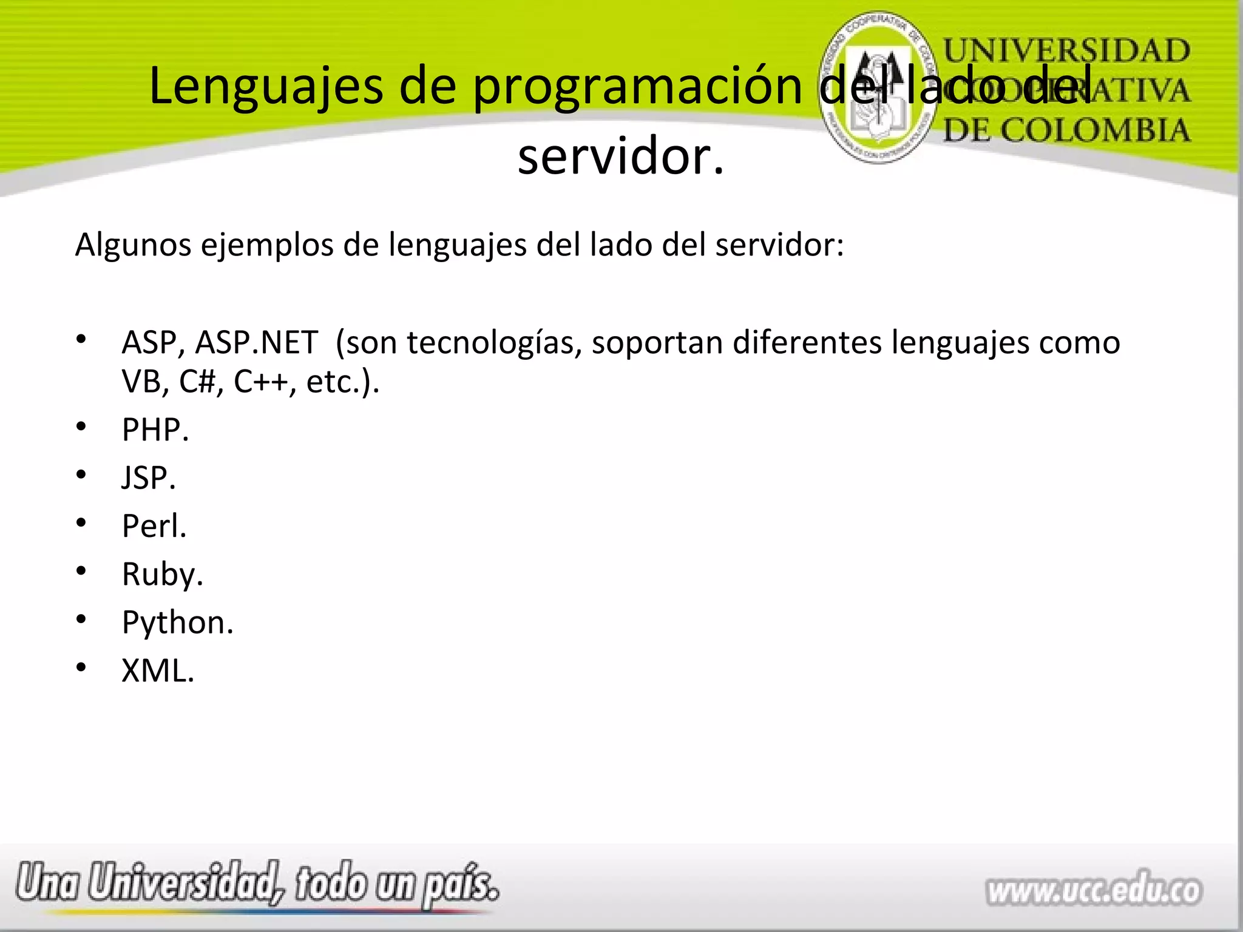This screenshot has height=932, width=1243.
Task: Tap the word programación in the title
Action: pyautogui.click(x=638, y=87)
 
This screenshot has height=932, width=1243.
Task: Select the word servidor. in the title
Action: pyautogui.click(x=621, y=157)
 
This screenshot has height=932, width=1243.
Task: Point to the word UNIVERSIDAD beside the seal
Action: pyautogui.click(x=1066, y=50)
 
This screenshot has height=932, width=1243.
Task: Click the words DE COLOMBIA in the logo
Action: pyautogui.click(x=1066, y=130)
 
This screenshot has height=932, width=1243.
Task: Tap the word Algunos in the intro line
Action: pyautogui.click(x=133, y=246)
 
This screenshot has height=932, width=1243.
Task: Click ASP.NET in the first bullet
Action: pyautogui.click(x=256, y=343)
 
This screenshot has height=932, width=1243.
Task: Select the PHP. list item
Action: pyautogui.click(x=155, y=430)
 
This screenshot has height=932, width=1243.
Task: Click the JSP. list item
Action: pyautogui.click(x=149, y=478)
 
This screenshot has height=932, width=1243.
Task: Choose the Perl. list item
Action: pyautogui.click(x=154, y=525)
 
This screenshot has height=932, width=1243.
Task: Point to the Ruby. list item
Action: pyautogui.click(x=162, y=574)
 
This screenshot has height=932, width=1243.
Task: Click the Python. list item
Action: pyautogui.click(x=177, y=623)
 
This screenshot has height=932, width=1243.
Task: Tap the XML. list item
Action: pyautogui.click(x=158, y=671)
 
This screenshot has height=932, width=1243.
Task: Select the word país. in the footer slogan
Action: pyautogui.click(x=461, y=885)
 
